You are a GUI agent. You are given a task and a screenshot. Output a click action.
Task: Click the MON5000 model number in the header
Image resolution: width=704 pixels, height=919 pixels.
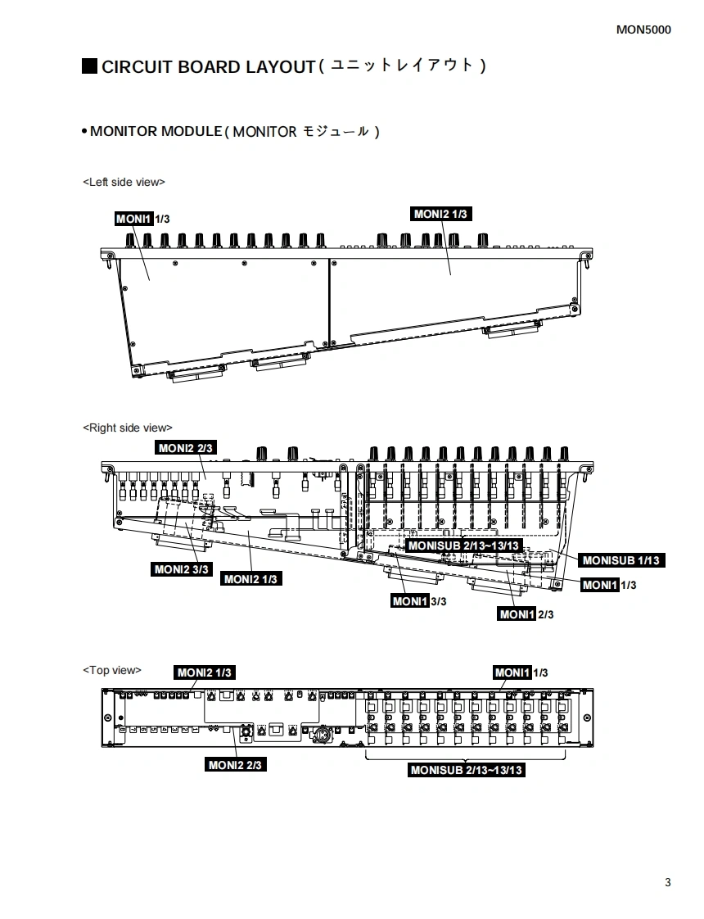(x=643, y=30)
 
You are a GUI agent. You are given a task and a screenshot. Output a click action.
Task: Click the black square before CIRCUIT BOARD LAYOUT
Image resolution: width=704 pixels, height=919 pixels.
(x=89, y=66)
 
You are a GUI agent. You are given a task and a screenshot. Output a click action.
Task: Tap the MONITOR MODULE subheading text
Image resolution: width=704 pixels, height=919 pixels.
(x=156, y=131)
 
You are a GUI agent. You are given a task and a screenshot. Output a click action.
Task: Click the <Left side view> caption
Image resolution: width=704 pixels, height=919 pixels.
(x=124, y=182)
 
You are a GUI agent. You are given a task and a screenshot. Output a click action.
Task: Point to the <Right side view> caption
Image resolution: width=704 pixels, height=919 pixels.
(x=128, y=428)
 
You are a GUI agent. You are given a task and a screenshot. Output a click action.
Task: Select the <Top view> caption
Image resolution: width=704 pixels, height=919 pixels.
(x=111, y=670)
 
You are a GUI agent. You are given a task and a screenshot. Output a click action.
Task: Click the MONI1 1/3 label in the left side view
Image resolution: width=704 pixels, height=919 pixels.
(x=142, y=219)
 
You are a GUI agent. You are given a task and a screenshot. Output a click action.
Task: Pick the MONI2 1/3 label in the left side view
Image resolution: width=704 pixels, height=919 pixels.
(x=440, y=215)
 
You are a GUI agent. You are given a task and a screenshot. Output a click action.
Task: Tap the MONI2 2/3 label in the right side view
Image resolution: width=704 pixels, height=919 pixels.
(x=186, y=448)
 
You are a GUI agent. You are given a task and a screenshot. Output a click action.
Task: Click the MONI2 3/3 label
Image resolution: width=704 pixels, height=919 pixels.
(x=181, y=569)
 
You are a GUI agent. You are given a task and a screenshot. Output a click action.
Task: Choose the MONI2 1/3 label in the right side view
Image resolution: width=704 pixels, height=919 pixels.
(x=250, y=579)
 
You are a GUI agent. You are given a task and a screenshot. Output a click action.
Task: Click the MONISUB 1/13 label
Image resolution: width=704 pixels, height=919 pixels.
(x=621, y=560)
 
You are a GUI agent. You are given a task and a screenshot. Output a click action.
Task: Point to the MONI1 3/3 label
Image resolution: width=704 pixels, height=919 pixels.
(x=419, y=602)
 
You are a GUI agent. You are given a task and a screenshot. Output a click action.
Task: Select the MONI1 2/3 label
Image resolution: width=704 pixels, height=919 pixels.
(x=526, y=614)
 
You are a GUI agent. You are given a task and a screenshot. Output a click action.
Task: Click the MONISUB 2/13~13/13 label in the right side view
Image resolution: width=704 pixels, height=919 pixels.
(x=463, y=546)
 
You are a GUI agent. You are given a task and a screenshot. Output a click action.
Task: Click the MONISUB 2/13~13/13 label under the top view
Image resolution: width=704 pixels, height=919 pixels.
(x=467, y=770)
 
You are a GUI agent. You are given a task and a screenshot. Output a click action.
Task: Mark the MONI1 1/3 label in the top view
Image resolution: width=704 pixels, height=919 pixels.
(x=521, y=672)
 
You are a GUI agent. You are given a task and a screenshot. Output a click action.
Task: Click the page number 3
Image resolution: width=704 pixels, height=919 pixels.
(x=668, y=882)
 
